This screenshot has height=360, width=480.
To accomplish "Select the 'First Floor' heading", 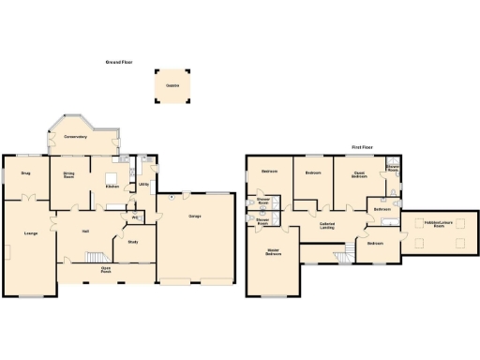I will pyautogui.click(x=364, y=148).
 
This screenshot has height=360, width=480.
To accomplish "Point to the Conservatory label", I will pyautogui.click(x=76, y=138).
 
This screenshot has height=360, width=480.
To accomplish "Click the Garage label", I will pyautogui.click(x=196, y=217).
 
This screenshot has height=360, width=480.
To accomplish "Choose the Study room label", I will pyautogui.click(x=132, y=242).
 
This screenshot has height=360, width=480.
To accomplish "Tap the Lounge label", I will pyautogui.click(x=31, y=233).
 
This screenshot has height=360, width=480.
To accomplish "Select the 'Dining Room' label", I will pyautogui.click(x=68, y=175).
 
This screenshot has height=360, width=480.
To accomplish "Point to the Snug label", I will pyautogui.click(x=26, y=172).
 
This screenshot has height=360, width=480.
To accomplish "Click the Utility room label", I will pyautogui.click(x=143, y=185).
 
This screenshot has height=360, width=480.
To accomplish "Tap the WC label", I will pyautogui.click(x=136, y=218).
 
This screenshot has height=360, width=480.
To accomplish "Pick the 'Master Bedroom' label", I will pyautogui.click(x=274, y=252).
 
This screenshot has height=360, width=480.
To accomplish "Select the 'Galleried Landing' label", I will pyautogui.click(x=328, y=225).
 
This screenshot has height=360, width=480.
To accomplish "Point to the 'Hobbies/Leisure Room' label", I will pyautogui.click(x=433, y=223).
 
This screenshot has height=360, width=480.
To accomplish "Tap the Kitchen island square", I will pyautogui.click(x=111, y=175).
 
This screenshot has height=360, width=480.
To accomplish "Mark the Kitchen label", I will pyautogui.click(x=112, y=187).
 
